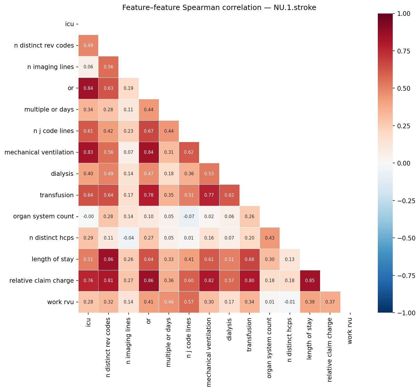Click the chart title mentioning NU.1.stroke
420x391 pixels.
tap(219, 8)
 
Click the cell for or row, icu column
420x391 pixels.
tap(88, 88)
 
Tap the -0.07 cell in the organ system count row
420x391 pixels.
tap(189, 217)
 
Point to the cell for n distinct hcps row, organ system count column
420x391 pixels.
tap(269, 238)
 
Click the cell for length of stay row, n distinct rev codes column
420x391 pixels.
tap(108, 259)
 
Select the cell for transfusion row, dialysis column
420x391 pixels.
tap(229, 195)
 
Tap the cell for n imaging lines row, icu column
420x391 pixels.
tap(88, 67)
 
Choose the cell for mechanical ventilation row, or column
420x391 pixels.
tap(149, 152)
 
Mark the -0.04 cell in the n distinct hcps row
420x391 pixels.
tap(128, 238)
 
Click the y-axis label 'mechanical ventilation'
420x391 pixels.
tap(39, 152)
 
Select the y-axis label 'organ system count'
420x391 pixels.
tap(43, 217)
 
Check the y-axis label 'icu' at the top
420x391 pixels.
tap(69, 24)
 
